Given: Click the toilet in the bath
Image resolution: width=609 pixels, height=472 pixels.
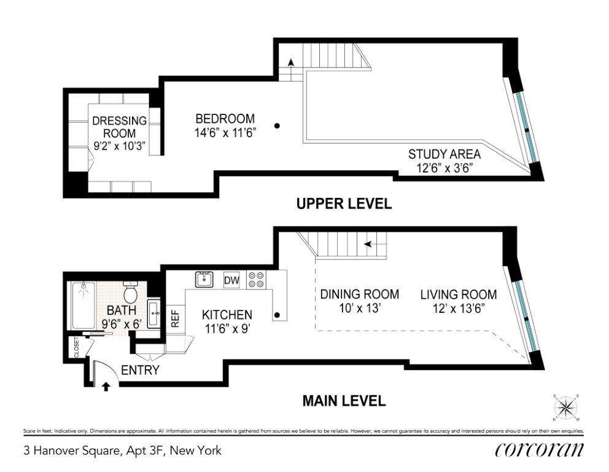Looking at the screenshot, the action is (x=130, y=292).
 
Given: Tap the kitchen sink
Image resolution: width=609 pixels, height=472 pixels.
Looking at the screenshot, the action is (x=204, y=279).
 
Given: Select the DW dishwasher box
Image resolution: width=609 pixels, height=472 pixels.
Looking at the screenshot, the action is (x=232, y=280).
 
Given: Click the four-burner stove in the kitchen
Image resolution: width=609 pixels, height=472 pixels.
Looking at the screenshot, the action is (x=257, y=280).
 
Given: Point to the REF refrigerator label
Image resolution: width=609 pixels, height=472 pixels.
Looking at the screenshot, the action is (x=176, y=318).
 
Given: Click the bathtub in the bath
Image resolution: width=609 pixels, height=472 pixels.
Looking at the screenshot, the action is (x=83, y=305).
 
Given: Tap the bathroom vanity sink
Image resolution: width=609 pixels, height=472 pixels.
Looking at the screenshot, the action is (x=154, y=313).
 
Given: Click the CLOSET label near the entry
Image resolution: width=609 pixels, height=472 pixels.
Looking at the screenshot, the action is (x=77, y=347).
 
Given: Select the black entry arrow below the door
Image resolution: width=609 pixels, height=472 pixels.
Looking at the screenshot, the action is (x=105, y=387).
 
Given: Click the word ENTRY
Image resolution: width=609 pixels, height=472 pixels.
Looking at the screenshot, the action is (x=140, y=370).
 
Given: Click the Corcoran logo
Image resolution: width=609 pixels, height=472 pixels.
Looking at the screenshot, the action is (x=539, y=450).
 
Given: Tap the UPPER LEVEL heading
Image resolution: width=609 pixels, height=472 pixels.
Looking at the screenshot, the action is (x=344, y=203).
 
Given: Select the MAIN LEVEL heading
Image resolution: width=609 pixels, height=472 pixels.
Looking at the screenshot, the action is (x=344, y=401).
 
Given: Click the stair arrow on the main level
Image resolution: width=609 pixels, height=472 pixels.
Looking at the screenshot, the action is (x=368, y=244).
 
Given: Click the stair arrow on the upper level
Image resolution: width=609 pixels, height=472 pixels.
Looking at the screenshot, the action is (x=290, y=63).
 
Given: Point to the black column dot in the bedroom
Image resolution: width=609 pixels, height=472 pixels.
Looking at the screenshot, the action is (x=277, y=125).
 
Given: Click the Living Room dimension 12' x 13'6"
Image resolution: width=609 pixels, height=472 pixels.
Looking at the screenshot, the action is (x=459, y=309).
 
